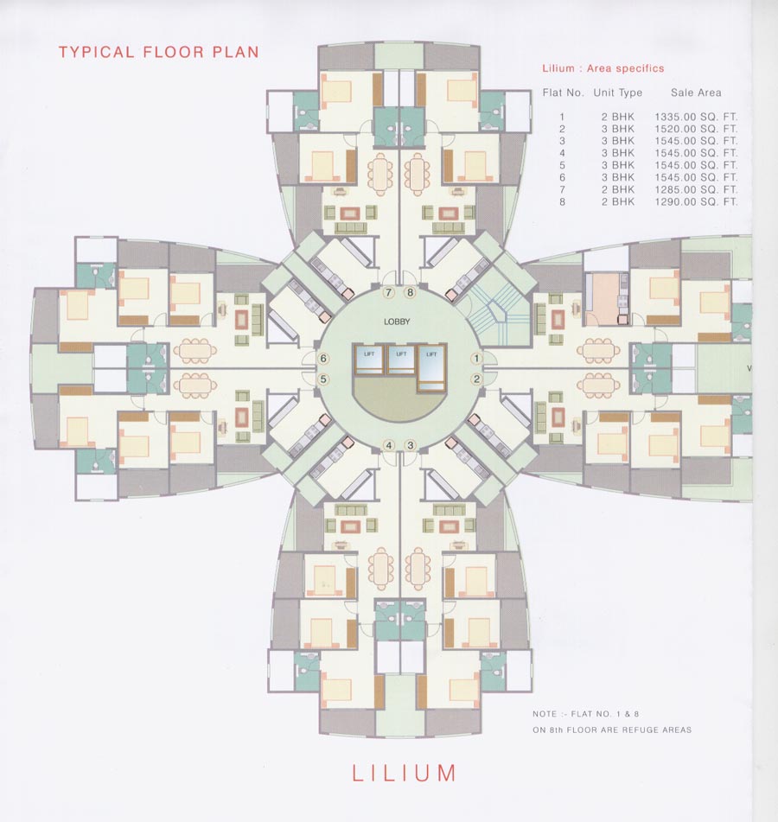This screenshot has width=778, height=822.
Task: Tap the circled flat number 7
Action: [x=389, y=293]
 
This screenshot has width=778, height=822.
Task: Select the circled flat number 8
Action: [x=411, y=293]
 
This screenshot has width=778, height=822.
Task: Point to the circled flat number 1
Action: [x=475, y=358]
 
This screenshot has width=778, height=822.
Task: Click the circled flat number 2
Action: [x=475, y=379]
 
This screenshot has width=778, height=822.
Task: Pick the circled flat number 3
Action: [x=411, y=445]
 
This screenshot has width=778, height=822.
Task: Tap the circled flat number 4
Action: [x=389, y=445]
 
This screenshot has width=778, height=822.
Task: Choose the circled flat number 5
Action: [x=323, y=379]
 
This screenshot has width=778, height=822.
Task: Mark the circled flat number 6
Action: [x=323, y=358]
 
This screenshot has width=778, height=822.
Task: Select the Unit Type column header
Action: [x=617, y=92]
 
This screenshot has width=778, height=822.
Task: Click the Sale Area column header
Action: [x=696, y=92]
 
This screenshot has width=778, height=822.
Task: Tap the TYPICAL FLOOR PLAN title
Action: [x=158, y=52]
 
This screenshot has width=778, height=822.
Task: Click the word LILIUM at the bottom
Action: [x=404, y=773]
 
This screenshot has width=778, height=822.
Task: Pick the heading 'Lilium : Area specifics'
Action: [x=603, y=68]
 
